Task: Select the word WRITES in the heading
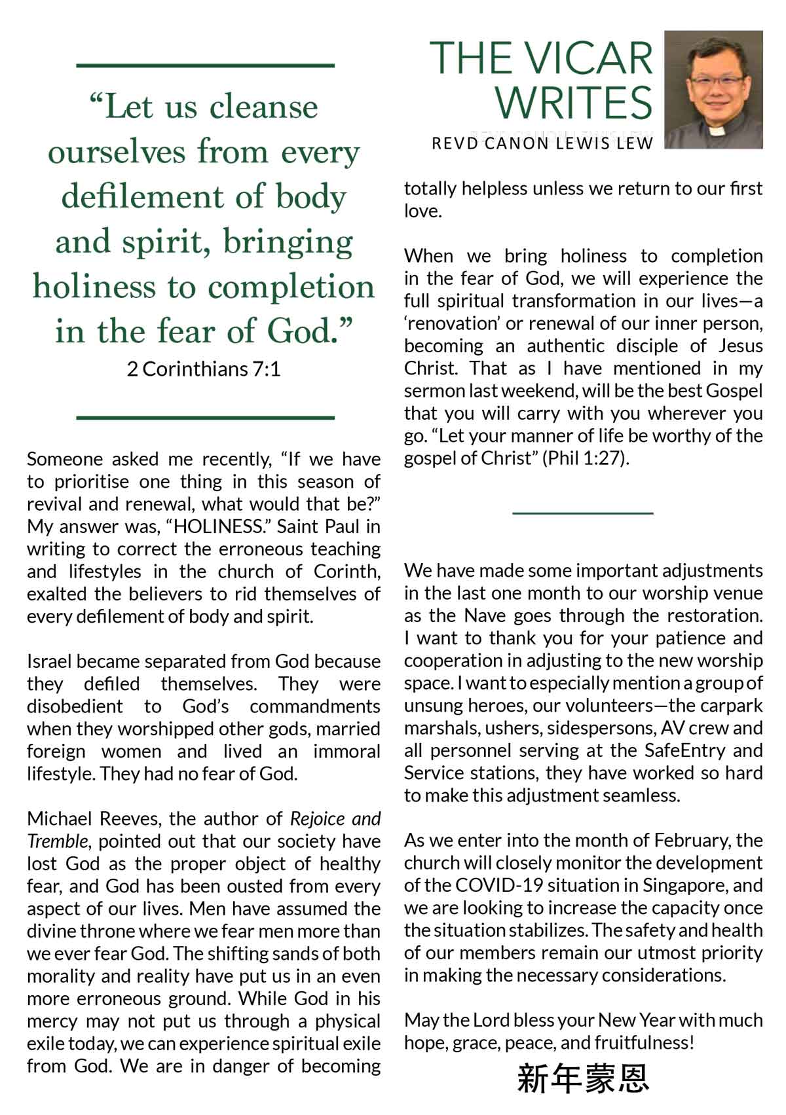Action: tap(573, 103)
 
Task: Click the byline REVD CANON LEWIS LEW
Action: tap(542, 143)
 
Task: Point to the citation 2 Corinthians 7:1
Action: tap(204, 369)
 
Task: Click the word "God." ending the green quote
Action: tap(309, 331)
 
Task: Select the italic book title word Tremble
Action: tap(56, 841)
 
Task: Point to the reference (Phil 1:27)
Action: tap(586, 458)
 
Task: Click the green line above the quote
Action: tap(206, 65)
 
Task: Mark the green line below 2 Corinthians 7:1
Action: tap(206, 417)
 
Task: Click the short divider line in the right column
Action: tap(583, 513)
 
